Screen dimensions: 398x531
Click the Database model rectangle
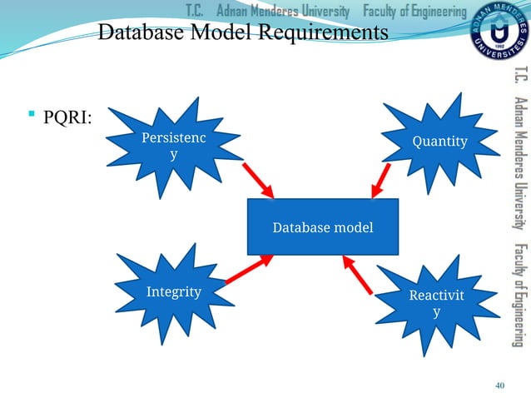pos(323,226)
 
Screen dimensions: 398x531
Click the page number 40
pos(499,384)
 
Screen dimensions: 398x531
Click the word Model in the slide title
pos(213,33)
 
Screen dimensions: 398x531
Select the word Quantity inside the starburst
pos(439,141)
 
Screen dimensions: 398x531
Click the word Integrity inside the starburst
pos(174,291)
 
